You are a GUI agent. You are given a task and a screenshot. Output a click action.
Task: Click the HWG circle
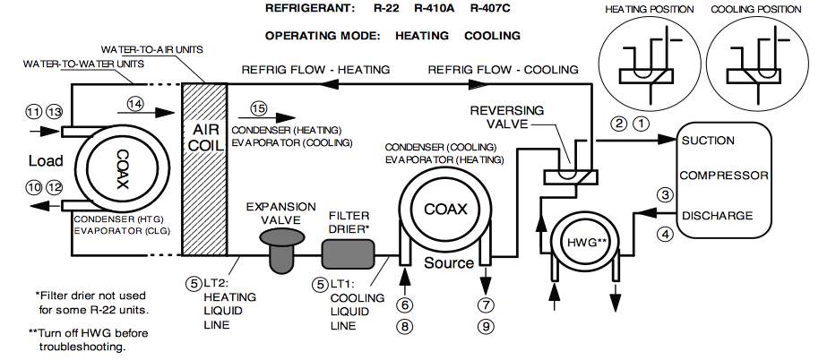point(584,244)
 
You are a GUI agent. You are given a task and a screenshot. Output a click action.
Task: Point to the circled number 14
point(135,104)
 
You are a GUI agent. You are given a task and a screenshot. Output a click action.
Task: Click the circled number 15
point(259,108)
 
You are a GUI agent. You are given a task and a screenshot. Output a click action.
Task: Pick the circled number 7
point(487,304)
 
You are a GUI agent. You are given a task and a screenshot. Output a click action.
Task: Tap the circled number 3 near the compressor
point(664,194)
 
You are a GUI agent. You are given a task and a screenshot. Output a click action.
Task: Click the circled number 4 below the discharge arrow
point(664,236)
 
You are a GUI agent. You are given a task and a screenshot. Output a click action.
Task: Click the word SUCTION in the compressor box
point(708,141)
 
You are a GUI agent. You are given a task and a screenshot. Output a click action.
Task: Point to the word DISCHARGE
point(716,215)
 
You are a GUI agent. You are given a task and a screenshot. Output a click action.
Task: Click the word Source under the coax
point(448,263)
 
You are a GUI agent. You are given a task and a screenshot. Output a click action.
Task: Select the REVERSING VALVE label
point(508,116)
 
